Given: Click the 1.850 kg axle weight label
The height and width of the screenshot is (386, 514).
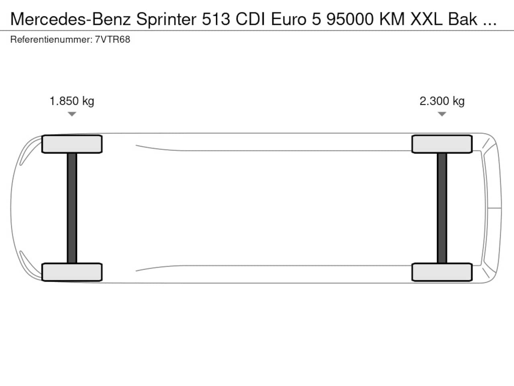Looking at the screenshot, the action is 72,101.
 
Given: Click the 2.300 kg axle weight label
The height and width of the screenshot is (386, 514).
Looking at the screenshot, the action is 442,101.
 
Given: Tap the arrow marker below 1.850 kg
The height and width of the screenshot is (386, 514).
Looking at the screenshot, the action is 72,114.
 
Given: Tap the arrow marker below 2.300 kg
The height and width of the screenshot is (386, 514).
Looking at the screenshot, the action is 442,114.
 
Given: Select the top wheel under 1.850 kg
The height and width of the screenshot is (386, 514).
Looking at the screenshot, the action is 72,144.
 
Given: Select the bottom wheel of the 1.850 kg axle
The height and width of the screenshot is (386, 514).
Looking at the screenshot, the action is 72,272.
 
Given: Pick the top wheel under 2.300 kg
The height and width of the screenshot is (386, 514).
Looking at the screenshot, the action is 442,144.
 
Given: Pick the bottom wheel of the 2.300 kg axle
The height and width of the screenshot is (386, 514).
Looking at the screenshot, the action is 442,272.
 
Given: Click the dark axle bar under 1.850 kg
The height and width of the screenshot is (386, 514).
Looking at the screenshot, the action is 72,208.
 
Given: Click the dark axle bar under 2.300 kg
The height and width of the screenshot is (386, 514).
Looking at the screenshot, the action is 442,208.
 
